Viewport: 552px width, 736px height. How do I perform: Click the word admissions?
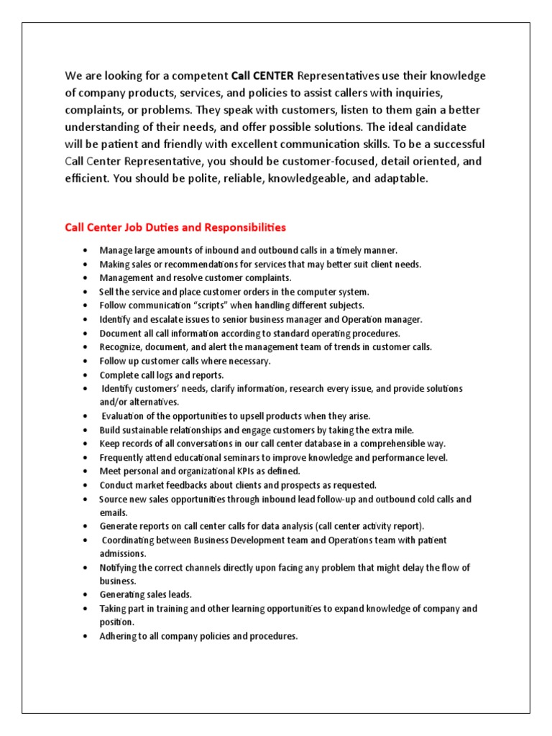(x=123, y=553)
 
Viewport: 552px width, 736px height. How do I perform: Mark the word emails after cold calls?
(x=113, y=512)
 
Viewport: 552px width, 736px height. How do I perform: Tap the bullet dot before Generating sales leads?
(x=86, y=595)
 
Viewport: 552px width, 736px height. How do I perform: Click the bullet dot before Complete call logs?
(x=86, y=375)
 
